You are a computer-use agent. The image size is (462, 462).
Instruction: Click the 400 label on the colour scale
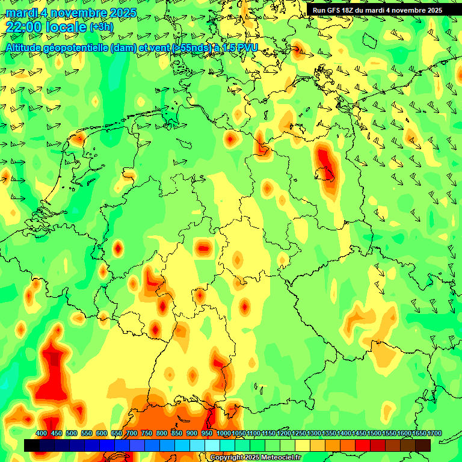click(x=42, y=434)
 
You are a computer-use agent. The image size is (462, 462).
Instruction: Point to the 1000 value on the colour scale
click(x=224, y=434)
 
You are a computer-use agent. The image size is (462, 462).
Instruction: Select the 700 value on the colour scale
click(x=132, y=434)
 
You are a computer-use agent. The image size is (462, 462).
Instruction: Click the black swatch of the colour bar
click(x=32, y=446)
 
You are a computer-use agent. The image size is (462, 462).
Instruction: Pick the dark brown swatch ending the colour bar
click(x=423, y=446)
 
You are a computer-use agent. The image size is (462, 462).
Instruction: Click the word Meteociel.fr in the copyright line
click(x=278, y=458)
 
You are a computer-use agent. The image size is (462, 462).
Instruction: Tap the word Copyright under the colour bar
click(x=227, y=458)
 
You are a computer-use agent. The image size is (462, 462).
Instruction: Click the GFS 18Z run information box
click(x=377, y=10)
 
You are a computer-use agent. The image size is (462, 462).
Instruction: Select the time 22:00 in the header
click(x=26, y=27)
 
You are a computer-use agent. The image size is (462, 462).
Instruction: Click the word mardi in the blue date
click(x=20, y=13)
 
